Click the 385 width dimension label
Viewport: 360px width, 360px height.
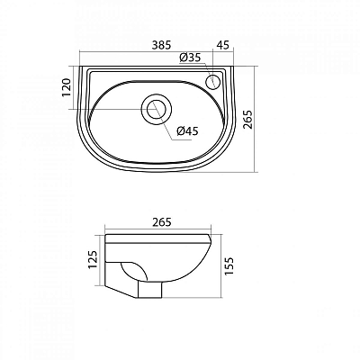tap(161, 45)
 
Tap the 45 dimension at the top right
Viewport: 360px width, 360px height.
tap(222, 45)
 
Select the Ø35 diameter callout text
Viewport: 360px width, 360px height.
tap(190, 58)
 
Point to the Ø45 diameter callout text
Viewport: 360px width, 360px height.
tap(188, 130)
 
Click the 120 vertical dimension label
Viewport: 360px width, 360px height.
tap(67, 87)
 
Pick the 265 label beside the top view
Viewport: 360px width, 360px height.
tap(247, 120)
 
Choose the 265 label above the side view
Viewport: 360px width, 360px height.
tap(162, 222)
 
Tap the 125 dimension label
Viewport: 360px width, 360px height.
tap(93, 259)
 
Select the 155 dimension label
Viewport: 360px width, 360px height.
tap(229, 266)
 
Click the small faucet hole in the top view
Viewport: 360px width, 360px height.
tap(213, 81)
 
